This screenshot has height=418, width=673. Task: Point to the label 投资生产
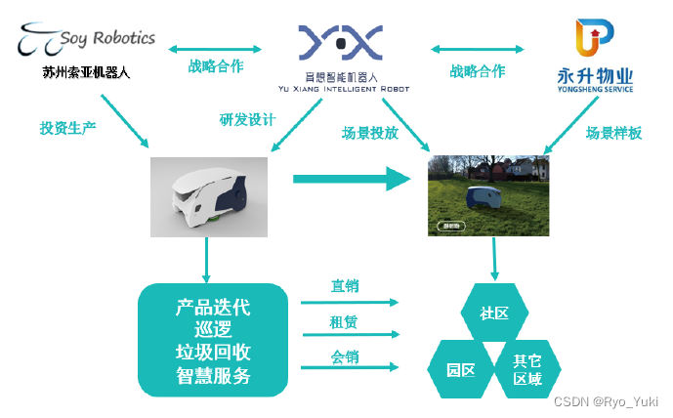click(x=66, y=127)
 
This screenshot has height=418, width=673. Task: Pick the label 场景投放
click(x=369, y=134)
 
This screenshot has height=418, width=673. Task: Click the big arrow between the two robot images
click(x=352, y=178)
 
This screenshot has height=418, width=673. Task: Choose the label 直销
click(x=344, y=286)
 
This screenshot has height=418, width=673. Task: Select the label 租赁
click(x=344, y=323)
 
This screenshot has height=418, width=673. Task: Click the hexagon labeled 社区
click(x=493, y=314)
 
